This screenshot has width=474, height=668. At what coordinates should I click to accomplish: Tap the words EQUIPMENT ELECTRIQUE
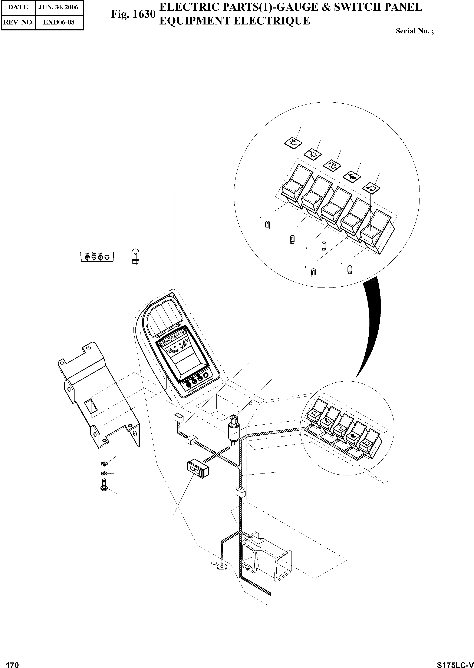pyautogui.click(x=234, y=21)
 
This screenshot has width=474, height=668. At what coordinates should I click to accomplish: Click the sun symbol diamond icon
pyautogui.click(x=293, y=143)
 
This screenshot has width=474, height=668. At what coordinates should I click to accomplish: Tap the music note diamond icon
pyautogui.click(x=371, y=187)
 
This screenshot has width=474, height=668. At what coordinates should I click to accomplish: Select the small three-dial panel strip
pyautogui.click(x=97, y=257)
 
